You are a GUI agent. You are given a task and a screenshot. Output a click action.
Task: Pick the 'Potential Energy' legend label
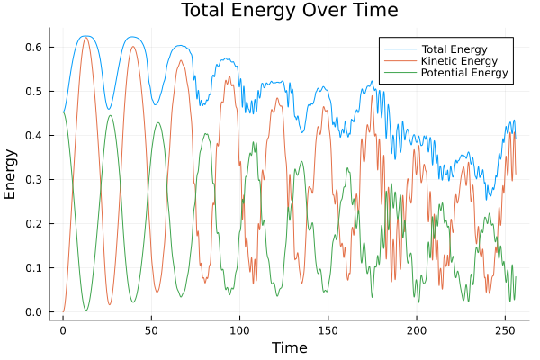coord(464,73)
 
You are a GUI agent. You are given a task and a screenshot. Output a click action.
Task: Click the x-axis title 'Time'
coord(290,347)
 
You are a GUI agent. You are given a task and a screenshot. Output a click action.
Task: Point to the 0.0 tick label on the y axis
coord(34,312)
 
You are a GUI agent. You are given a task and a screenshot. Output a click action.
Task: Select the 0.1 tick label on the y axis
coord(34,268)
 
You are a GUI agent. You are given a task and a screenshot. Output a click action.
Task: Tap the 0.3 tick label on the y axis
coord(34,179)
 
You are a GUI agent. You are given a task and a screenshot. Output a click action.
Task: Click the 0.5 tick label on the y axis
coord(34,91)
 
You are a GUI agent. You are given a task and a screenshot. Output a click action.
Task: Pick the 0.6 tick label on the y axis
coord(34,47)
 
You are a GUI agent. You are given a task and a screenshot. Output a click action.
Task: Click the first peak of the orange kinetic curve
coord(86,37)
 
